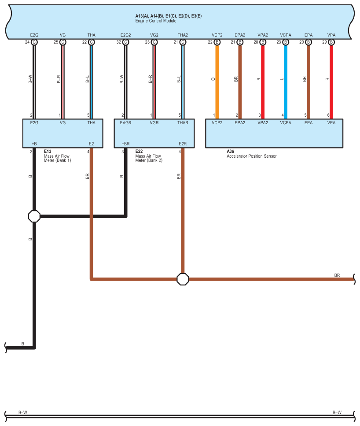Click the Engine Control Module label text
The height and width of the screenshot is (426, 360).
(x=155, y=21)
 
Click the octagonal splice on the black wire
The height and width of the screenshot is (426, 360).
(x=34, y=216)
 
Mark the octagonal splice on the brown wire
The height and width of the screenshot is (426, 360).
(x=183, y=279)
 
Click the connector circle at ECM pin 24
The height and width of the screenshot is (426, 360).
(x=34, y=42)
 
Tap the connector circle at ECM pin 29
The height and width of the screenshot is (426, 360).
(x=331, y=42)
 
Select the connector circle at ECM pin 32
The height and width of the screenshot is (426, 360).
(x=125, y=42)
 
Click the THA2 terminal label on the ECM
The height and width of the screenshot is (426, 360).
(x=183, y=35)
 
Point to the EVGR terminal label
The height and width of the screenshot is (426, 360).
(x=126, y=123)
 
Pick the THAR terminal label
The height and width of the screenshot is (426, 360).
(x=183, y=123)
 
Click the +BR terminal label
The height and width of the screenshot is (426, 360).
(x=125, y=144)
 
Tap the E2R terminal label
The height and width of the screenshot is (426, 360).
(x=183, y=144)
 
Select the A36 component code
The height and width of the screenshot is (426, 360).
(x=230, y=152)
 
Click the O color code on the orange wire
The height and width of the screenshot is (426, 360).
(x=213, y=80)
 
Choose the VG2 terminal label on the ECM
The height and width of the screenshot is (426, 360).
(x=154, y=35)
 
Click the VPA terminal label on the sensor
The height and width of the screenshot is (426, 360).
(x=331, y=123)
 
